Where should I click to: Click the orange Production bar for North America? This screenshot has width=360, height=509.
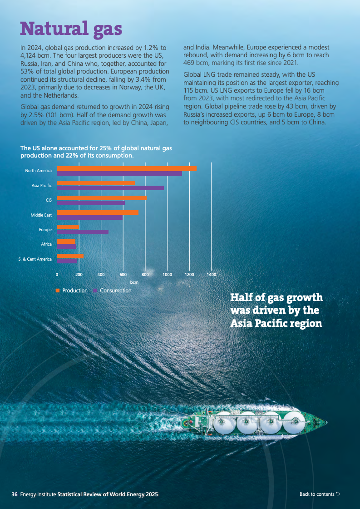point(127,168)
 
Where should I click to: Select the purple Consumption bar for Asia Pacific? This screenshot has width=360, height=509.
point(110,188)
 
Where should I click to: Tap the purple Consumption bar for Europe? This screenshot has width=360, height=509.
point(83,232)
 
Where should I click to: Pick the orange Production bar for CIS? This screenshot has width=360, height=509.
point(102,198)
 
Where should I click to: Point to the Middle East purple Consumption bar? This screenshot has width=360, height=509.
point(89,217)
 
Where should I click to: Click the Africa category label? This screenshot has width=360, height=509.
point(46,244)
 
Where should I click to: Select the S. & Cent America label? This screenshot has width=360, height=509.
point(35,259)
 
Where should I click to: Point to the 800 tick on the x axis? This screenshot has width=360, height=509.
point(145,275)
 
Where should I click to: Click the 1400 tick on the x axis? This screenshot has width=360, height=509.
point(211,275)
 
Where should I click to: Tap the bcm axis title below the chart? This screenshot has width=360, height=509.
point(134,282)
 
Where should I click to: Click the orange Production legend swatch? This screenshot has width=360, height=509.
point(58,291)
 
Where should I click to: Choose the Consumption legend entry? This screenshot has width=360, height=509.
point(115,291)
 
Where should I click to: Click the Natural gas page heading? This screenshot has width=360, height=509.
point(71,28)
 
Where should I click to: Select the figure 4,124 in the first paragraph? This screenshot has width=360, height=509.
point(30,55)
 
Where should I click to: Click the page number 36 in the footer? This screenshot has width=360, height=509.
point(15,494)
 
